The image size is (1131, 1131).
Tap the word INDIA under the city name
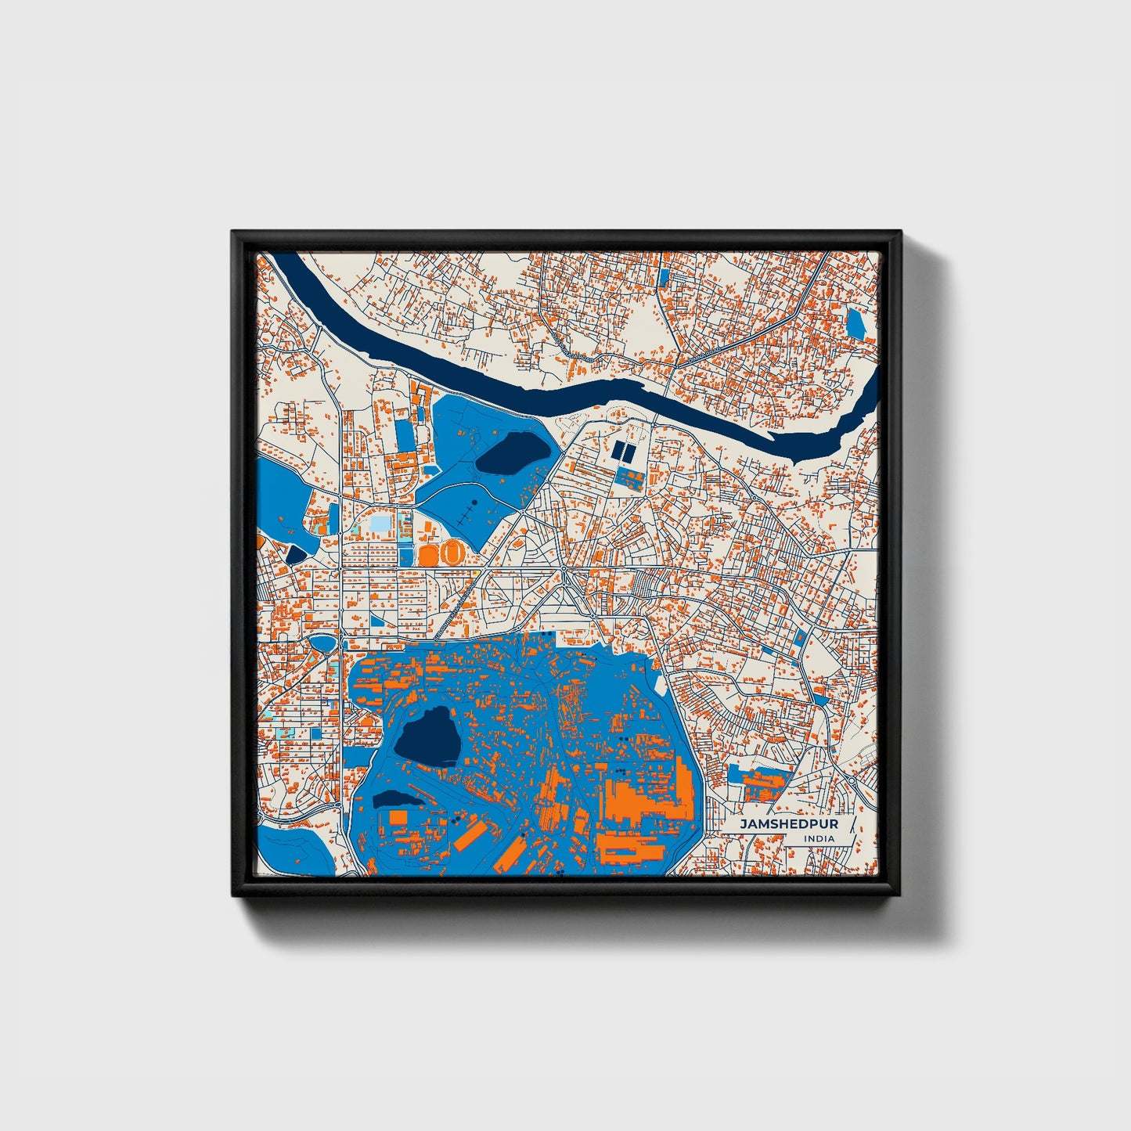pos(818,838)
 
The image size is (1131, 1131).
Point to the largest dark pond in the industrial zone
pos(426,735)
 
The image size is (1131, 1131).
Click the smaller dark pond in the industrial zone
pos(396,799)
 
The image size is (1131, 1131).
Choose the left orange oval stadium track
pos(428,554)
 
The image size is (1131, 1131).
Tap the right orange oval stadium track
pos(452,553)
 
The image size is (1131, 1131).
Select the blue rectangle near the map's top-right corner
pos(855,323)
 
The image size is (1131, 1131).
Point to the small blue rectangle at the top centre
pos(664,276)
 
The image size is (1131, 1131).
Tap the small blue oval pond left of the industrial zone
pos(321,643)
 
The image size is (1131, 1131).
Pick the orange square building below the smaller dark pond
pos(398,817)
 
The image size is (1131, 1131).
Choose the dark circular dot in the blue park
pos(474,501)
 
